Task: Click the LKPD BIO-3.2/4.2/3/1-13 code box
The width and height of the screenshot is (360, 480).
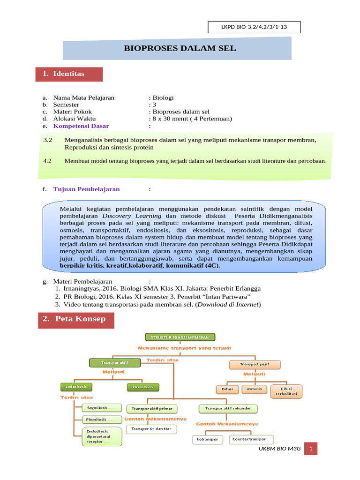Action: [x=254, y=28]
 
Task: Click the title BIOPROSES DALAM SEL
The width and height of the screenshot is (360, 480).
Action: [x=180, y=48]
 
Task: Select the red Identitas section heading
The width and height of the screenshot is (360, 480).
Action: [x=69, y=74]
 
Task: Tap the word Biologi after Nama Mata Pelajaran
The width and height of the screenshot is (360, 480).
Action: [x=163, y=97]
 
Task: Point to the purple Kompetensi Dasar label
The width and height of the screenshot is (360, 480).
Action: [x=81, y=126]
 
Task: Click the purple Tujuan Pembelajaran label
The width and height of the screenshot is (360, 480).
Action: [x=86, y=189]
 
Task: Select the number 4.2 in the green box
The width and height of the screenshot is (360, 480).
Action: [x=47, y=161]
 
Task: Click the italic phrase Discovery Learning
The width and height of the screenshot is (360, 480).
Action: [x=132, y=216]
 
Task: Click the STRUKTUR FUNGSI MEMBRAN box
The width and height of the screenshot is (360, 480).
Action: [x=180, y=337]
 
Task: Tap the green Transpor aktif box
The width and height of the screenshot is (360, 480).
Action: [x=115, y=363]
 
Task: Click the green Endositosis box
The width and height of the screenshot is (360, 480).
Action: [x=76, y=387]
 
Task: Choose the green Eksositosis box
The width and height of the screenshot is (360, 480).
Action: [x=143, y=387]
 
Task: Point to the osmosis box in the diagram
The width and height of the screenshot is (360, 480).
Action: [x=255, y=389]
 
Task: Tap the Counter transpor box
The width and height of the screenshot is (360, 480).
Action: [x=250, y=439]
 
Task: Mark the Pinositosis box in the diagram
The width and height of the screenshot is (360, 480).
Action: [x=101, y=419]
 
